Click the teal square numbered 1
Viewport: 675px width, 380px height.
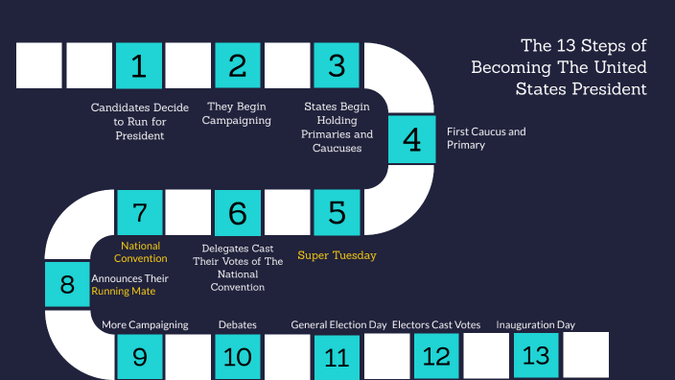[139, 66]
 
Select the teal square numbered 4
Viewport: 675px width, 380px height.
[411, 140]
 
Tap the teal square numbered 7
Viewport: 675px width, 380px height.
[139, 212]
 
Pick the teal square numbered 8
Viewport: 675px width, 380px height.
[67, 284]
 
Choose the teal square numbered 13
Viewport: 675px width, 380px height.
[536, 355]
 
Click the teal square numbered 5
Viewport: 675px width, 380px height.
[337, 212]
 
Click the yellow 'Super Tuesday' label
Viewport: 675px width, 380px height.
[337, 255]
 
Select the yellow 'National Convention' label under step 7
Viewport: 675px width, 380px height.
[140, 251]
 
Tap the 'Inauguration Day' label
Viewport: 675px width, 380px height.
[535, 324]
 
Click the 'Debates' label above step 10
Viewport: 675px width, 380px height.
[237, 325]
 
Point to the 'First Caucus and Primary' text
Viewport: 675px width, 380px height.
[486, 138]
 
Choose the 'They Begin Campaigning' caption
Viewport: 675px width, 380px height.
[238, 113]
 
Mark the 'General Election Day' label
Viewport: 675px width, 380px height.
[338, 325]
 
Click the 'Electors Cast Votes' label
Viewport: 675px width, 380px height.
[436, 325]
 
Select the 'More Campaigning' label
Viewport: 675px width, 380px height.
[145, 325]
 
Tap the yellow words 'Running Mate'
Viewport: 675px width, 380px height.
[123, 290]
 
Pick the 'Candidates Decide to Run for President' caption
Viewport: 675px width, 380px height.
[140, 121]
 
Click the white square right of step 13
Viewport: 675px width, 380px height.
[586, 355]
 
